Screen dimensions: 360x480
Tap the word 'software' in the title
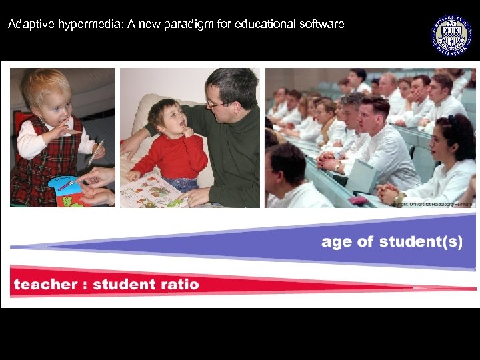coord(323,24)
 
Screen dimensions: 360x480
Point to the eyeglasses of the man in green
coord(215,103)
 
